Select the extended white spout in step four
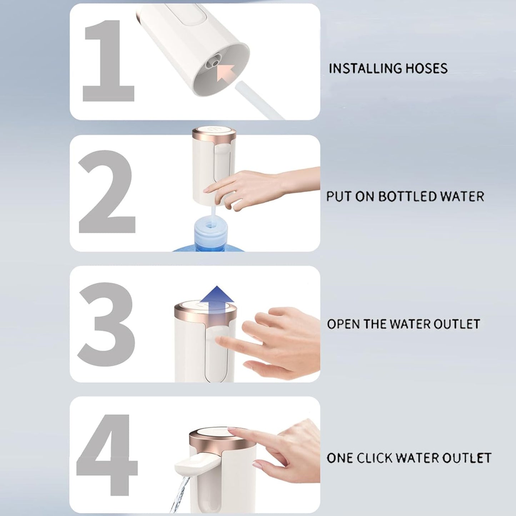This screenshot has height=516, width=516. click(x=193, y=464)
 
